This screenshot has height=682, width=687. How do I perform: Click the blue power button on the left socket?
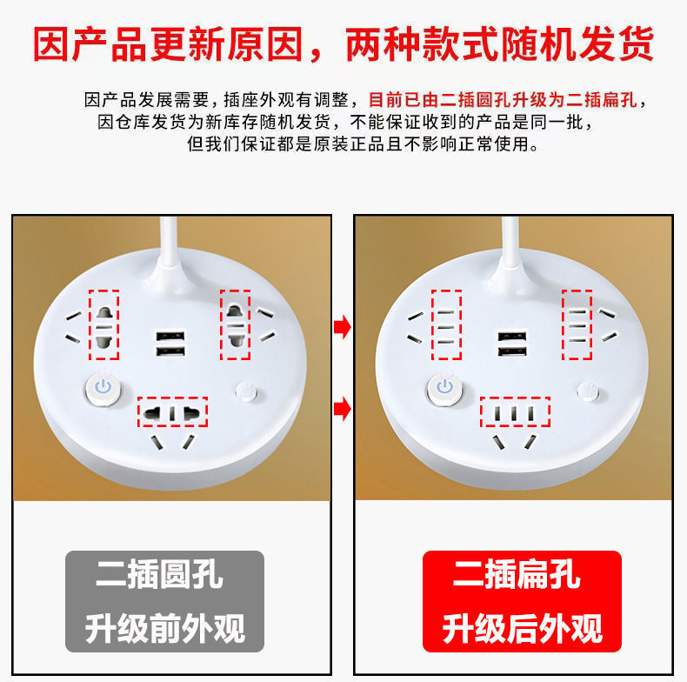click(103, 388)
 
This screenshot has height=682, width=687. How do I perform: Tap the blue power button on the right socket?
click(445, 388)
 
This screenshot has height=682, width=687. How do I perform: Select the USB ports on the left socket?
click(170, 344)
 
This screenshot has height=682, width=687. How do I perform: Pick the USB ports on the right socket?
click(512, 344)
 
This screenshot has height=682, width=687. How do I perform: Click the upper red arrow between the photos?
click(342, 326)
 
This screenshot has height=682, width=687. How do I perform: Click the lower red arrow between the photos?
click(342, 409)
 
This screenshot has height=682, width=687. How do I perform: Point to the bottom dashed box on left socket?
click(173, 412)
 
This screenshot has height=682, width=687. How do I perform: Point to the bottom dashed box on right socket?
click(515, 412)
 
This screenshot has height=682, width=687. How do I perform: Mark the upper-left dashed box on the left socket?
click(103, 324)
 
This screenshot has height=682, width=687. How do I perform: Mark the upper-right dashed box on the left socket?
click(236, 324)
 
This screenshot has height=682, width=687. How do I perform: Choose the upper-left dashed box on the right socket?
click(446, 324)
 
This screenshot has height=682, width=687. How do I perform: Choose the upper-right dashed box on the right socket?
click(577, 324)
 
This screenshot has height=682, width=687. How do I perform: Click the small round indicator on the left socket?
click(247, 391)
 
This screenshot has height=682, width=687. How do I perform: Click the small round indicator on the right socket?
click(589, 391)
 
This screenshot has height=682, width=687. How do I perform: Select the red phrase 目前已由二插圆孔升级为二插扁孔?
click(503, 100)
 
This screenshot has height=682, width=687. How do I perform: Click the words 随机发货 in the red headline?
click(577, 43)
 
